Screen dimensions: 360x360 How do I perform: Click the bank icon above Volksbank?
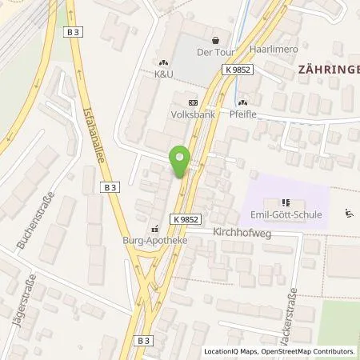[192, 102]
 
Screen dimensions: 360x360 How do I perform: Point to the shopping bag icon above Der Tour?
[214, 41]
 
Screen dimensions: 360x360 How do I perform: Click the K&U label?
[163, 74]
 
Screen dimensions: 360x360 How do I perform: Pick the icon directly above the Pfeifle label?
[242, 102]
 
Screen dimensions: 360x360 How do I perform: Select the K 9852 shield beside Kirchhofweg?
[185, 218]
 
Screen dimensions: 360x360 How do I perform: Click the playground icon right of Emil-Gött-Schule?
[348, 213]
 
